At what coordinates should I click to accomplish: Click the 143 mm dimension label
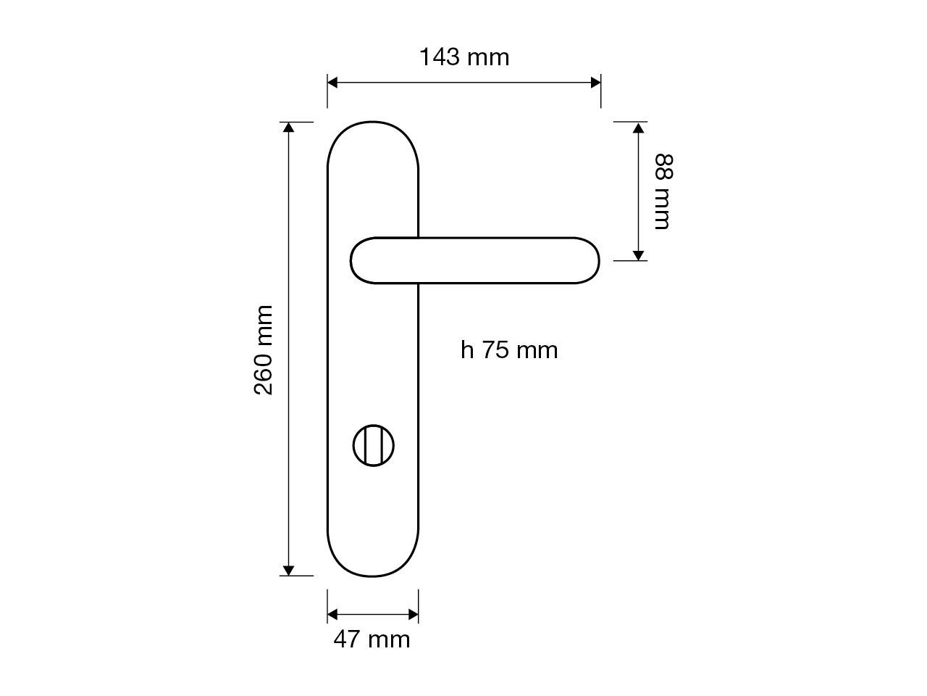click(x=464, y=57)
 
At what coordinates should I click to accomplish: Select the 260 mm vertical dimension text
click(x=264, y=349)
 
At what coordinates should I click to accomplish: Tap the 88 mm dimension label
click(x=663, y=191)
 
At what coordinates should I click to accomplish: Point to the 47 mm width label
click(x=372, y=639)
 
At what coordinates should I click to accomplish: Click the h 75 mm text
click(x=509, y=350)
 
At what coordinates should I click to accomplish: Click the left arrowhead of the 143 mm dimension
click(x=333, y=82)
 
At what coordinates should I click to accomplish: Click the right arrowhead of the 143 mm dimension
click(x=595, y=82)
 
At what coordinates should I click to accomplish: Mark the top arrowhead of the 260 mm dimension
click(x=289, y=128)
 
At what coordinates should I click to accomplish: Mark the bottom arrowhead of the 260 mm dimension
click(x=289, y=570)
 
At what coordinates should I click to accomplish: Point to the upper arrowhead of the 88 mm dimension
click(x=638, y=128)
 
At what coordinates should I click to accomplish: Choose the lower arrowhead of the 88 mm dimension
click(x=638, y=254)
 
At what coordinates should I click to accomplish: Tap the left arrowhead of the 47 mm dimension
click(x=333, y=615)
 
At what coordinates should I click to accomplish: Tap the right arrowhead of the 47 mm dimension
click(x=413, y=615)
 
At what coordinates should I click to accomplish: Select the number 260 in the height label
click(x=264, y=372)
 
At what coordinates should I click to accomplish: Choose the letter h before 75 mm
click(x=467, y=350)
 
